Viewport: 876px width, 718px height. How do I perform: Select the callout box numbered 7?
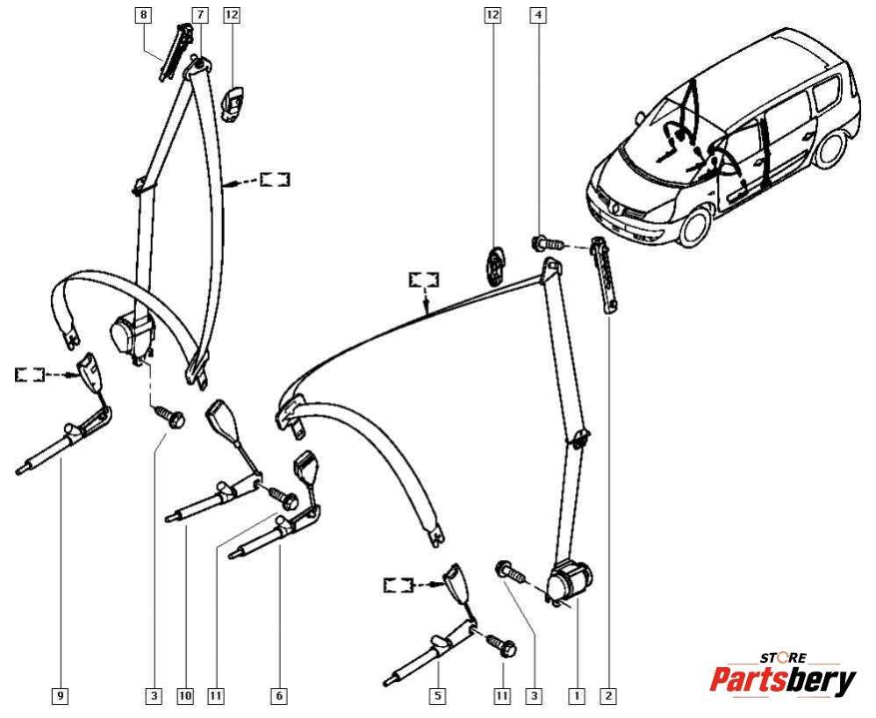[x=199, y=15]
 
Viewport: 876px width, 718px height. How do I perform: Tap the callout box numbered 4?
[x=538, y=15]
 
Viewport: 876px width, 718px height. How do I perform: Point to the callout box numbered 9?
[x=60, y=696]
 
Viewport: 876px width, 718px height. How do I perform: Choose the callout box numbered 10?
[x=184, y=696]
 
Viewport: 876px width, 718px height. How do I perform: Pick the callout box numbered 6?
[x=278, y=696]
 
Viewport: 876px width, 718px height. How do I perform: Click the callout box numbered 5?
[x=437, y=696]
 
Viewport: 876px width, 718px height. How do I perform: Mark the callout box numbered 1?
[x=577, y=696]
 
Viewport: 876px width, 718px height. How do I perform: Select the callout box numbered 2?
[x=608, y=696]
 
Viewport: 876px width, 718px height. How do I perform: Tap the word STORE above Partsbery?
[x=781, y=657]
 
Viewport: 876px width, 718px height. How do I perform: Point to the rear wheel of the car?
[x=831, y=149]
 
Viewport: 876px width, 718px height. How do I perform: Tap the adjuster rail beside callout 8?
[x=176, y=52]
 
